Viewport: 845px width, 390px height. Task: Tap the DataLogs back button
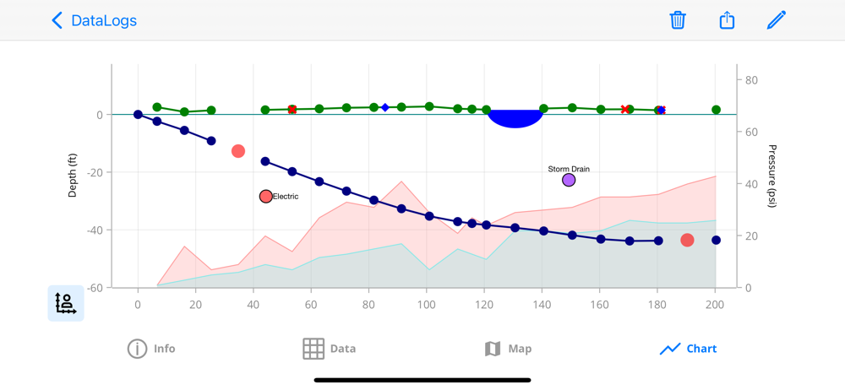93,20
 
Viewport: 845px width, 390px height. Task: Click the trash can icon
678,20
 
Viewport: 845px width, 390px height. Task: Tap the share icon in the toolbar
727,20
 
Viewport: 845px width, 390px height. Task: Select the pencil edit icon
777,20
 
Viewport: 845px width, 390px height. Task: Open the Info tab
151,349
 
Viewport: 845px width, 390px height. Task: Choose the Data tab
330,349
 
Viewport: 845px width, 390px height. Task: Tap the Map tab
508,349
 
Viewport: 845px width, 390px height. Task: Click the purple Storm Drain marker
569,180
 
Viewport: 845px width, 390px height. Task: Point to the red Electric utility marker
266,197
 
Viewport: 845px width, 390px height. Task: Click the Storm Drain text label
569,169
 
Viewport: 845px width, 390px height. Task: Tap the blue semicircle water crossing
515,118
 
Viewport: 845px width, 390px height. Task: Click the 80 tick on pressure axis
750,80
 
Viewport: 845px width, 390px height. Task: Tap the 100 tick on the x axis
426,304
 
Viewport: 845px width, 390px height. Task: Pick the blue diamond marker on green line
385,107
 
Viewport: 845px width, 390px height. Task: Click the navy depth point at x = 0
138,115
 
